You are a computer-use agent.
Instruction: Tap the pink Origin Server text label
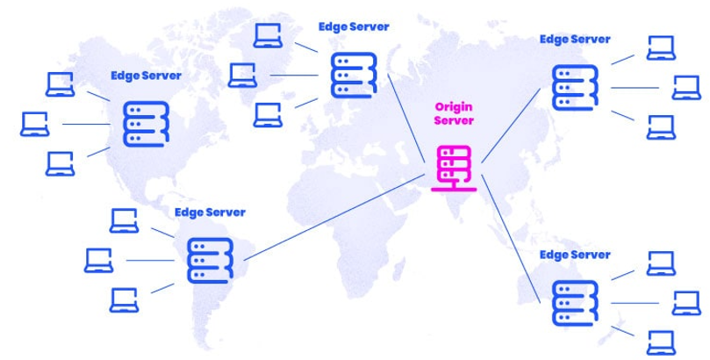454,113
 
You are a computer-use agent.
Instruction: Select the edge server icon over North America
143,124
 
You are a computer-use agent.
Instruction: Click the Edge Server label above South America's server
210,212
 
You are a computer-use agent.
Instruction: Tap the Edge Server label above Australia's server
575,255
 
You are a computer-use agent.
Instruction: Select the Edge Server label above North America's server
146,76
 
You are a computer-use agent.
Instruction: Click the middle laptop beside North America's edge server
36,124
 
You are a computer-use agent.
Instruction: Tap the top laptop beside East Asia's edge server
661,48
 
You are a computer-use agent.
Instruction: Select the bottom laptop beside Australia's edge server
661,340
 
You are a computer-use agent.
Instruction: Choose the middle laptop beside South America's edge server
99,260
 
